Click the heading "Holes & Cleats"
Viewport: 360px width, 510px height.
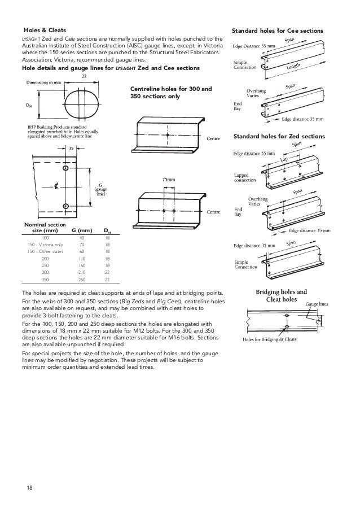click(45, 29)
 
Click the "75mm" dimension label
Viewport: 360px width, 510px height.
click(169, 179)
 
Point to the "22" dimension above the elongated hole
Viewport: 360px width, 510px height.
click(84, 75)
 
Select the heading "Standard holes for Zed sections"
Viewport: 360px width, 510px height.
click(279, 137)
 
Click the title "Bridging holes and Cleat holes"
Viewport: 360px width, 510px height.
click(281, 295)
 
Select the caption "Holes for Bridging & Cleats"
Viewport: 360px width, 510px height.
click(270, 339)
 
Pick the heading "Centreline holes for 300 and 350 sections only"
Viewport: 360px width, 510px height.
click(171, 93)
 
